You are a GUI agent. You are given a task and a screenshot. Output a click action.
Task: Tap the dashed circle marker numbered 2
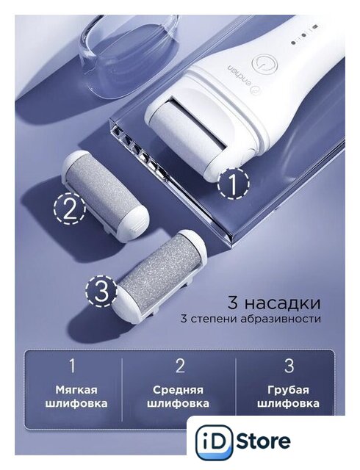click(x=70, y=209)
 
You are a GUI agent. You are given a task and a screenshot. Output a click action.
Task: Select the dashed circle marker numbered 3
click(x=101, y=291)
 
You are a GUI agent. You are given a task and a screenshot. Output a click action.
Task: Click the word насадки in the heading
click(x=281, y=303)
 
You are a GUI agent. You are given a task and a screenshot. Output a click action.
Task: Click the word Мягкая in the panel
click(x=76, y=390)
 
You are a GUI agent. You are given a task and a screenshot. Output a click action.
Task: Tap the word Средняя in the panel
click(x=179, y=390)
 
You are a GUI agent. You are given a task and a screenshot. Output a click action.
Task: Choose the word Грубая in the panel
click(x=288, y=390)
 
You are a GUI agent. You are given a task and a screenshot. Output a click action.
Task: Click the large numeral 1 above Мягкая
click(x=72, y=366)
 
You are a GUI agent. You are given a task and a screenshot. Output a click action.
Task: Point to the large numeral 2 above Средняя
click(x=180, y=366)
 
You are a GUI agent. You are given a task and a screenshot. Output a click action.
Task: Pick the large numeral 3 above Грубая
click(x=289, y=366)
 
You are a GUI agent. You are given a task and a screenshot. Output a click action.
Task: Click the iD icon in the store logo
click(x=215, y=442)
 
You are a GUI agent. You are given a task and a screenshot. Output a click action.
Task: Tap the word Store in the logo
click(x=263, y=441)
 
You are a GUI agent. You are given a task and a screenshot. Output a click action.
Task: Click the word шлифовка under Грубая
click(x=288, y=403)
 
